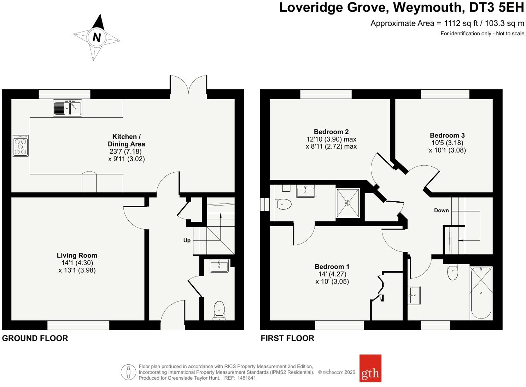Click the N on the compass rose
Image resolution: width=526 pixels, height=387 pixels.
click(x=97, y=37)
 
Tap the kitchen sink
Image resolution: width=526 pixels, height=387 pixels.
click(x=68, y=108)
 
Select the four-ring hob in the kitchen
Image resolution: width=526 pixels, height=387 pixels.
click(x=21, y=145)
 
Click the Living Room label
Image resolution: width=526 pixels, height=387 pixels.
click(x=77, y=255)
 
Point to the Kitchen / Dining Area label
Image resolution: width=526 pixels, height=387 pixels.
click(x=126, y=140)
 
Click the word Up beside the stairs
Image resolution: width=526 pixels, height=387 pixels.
click(x=187, y=240)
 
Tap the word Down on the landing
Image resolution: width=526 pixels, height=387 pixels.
click(x=441, y=210)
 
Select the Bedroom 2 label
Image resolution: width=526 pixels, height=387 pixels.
click(x=331, y=132)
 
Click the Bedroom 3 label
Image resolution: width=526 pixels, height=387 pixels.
click(x=447, y=135)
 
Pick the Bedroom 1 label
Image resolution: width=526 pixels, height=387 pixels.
click(x=332, y=267)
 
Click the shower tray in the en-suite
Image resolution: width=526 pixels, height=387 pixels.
click(x=348, y=203)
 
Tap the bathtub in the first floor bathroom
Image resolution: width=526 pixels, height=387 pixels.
click(x=481, y=293)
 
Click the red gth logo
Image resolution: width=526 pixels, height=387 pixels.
click(x=370, y=369)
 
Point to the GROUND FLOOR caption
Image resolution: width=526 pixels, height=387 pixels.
click(x=35, y=338)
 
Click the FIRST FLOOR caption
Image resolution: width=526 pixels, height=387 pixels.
click(x=287, y=338)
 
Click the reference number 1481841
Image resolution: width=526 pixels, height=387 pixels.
click(x=246, y=378)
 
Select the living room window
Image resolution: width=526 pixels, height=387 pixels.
click(x=78, y=325)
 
